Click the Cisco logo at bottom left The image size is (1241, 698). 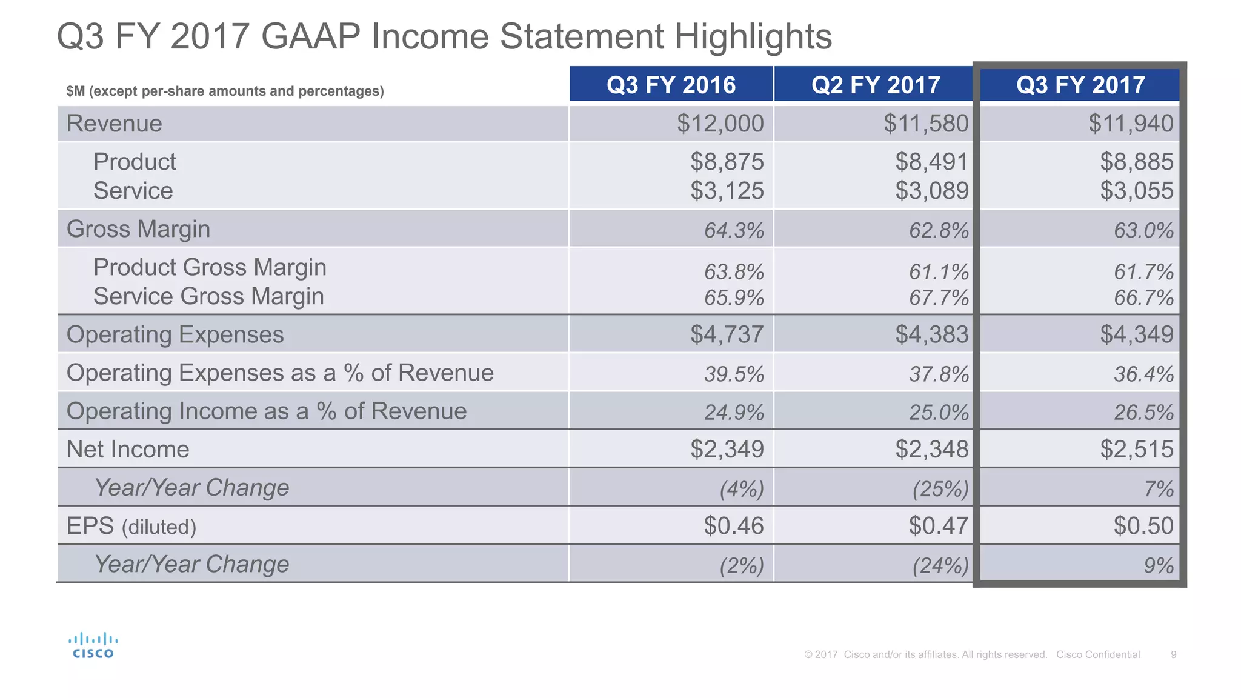click(93, 646)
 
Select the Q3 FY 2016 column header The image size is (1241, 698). click(671, 85)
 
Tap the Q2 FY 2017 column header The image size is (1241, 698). click(876, 85)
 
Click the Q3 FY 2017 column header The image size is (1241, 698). click(1080, 85)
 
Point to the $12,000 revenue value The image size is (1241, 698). click(720, 124)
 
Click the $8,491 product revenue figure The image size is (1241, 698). click(932, 162)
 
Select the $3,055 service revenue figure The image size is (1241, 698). click(1137, 191)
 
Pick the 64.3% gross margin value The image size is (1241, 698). click(734, 231)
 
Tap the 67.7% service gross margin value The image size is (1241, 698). click(939, 298)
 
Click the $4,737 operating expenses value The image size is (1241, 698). click(727, 334)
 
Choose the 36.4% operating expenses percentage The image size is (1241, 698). click(1143, 374)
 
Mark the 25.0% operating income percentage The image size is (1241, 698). click(939, 413)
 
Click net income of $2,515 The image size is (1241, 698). click(1137, 450)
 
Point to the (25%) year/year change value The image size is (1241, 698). click(940, 489)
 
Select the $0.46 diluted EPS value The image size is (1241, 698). click(734, 526)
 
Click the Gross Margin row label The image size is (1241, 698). click(138, 229)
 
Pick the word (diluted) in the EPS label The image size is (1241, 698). click(159, 527)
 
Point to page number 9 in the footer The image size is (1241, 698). click(1174, 654)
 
